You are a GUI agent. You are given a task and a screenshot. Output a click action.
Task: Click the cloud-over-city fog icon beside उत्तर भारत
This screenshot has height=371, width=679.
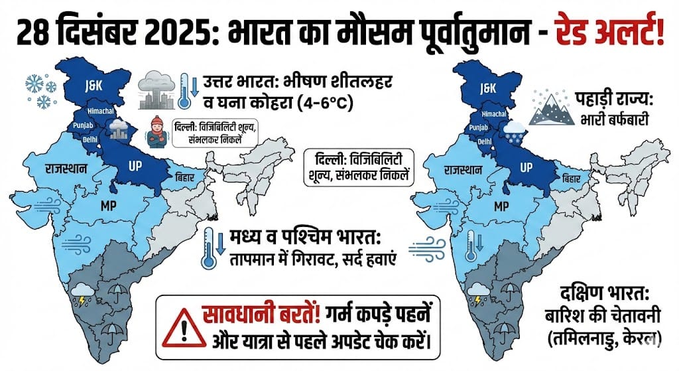click(157, 92)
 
